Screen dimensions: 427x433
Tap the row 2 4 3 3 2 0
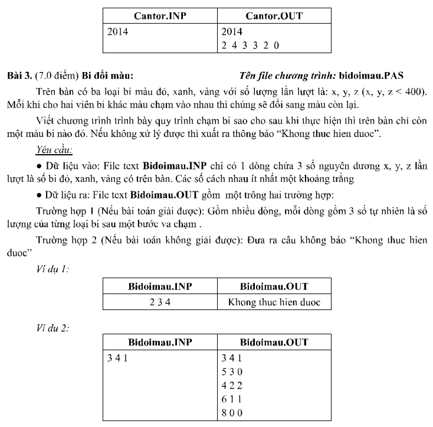pyautogui.click(x=250, y=45)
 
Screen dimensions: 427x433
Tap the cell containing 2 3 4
pyautogui.click(x=160, y=302)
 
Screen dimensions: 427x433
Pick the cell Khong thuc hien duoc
pyautogui.click(x=274, y=302)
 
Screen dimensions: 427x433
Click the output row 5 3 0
pyautogui.click(x=232, y=371)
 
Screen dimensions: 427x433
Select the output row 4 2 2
pyautogui.click(x=232, y=385)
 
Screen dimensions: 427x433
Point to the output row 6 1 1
pyautogui.click(x=232, y=399)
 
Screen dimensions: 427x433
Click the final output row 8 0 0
pyautogui.click(x=232, y=413)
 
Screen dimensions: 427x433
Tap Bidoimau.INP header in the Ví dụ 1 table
pyautogui.click(x=160, y=287)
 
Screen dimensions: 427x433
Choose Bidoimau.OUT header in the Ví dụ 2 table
pyautogui.click(x=274, y=343)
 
